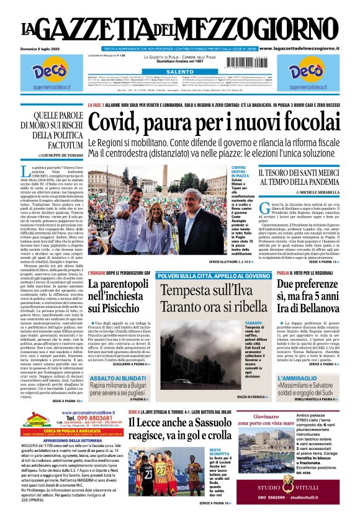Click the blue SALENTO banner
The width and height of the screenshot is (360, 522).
tap(180, 72)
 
